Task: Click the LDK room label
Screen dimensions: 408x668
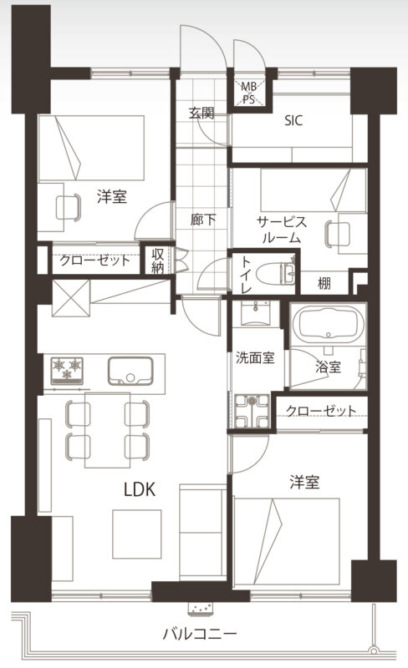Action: pyautogui.click(x=139, y=489)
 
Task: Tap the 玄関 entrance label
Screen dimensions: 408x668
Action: pyautogui.click(x=201, y=113)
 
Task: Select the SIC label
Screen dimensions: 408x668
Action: pyautogui.click(x=293, y=120)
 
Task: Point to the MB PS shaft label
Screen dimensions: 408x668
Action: pyautogui.click(x=249, y=93)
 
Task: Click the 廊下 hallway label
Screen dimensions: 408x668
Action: pyautogui.click(x=202, y=220)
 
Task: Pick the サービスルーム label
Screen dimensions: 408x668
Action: pyautogui.click(x=281, y=229)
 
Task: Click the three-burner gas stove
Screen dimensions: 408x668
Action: pyautogui.click(x=67, y=370)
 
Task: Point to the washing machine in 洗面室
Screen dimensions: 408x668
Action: pyautogui.click(x=252, y=411)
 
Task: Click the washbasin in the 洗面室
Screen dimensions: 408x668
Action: pyautogui.click(x=256, y=314)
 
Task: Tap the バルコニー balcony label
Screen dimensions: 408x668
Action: pyautogui.click(x=199, y=635)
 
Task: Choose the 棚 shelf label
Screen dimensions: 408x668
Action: pyautogui.click(x=324, y=283)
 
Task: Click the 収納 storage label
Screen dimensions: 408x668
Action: pyautogui.click(x=157, y=261)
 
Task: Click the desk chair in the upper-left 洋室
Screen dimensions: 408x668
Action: pyautogui.click(x=69, y=207)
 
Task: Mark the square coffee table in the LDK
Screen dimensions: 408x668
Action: pyautogui.click(x=137, y=534)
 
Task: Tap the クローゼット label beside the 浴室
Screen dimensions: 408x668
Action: pyautogui.click(x=321, y=411)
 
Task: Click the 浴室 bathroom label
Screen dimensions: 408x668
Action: pyautogui.click(x=329, y=367)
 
